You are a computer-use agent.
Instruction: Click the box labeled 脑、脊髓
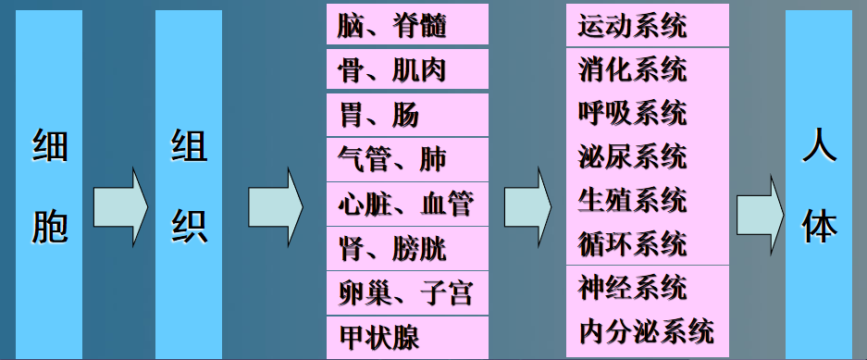point(406,25)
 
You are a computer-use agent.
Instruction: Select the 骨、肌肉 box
point(406,69)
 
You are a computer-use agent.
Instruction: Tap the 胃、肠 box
point(406,114)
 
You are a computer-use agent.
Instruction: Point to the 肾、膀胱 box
point(406,247)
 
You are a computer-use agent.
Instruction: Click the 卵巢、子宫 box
point(406,292)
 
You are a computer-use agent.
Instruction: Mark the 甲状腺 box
point(406,337)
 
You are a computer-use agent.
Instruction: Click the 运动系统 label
point(632,25)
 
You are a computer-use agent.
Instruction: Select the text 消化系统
point(632,69)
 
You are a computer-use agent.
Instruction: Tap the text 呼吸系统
point(632,113)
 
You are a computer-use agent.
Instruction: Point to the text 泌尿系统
point(632,155)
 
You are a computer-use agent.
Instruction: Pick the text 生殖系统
point(632,199)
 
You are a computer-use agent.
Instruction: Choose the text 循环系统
point(632,243)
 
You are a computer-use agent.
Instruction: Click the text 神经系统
point(632,287)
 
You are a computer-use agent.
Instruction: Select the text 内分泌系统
point(646,330)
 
